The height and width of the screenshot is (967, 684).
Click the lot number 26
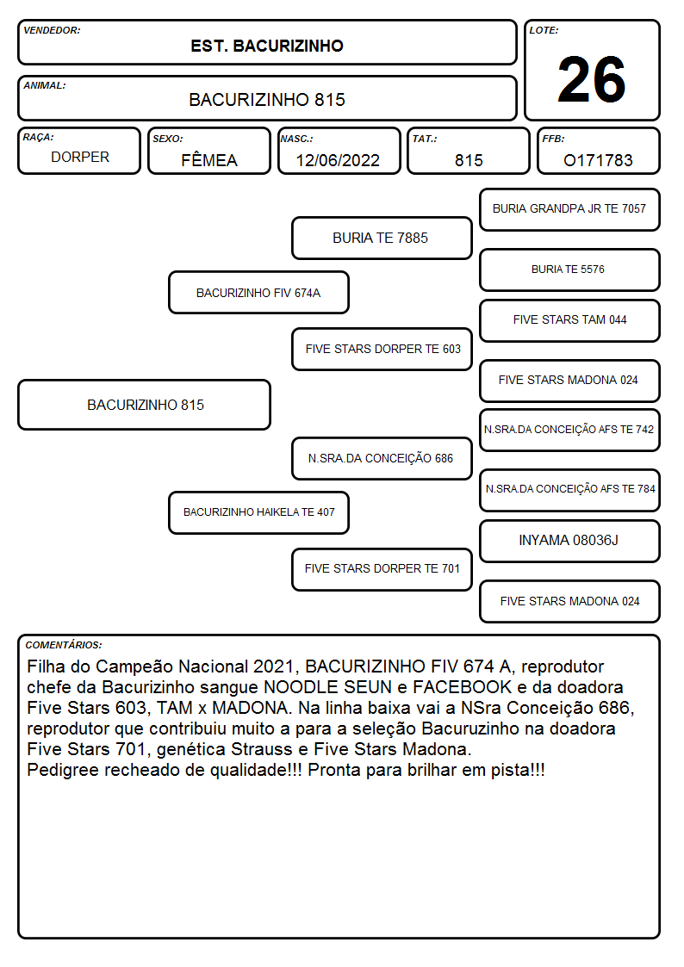pyautogui.click(x=592, y=79)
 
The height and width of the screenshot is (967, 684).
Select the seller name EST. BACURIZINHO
pyautogui.click(x=267, y=46)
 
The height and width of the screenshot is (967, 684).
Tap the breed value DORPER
pyautogui.click(x=80, y=158)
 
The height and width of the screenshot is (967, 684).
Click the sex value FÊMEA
pyautogui.click(x=209, y=159)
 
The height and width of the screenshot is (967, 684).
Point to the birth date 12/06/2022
pyautogui.click(x=338, y=160)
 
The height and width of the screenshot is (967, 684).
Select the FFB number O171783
pyautogui.click(x=598, y=160)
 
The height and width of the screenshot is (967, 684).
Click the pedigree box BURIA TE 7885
pyautogui.click(x=382, y=238)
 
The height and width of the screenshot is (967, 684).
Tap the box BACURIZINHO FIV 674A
pyautogui.click(x=258, y=292)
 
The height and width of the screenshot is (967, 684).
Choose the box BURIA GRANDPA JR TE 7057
pyautogui.click(x=569, y=210)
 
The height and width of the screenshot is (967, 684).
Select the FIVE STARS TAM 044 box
pyautogui.click(x=569, y=320)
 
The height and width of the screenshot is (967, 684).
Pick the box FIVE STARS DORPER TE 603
pyautogui.click(x=382, y=349)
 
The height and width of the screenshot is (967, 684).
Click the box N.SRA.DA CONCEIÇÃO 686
pyautogui.click(x=382, y=458)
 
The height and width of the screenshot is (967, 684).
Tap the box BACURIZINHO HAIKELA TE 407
pyautogui.click(x=258, y=512)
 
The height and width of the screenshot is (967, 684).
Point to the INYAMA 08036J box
pyautogui.click(x=569, y=541)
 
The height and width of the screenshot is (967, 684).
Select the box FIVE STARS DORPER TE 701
pyautogui.click(x=382, y=569)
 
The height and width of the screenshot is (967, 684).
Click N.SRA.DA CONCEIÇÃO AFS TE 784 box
pyautogui.click(x=569, y=490)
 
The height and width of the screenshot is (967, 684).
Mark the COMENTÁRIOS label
pyautogui.click(x=64, y=645)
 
